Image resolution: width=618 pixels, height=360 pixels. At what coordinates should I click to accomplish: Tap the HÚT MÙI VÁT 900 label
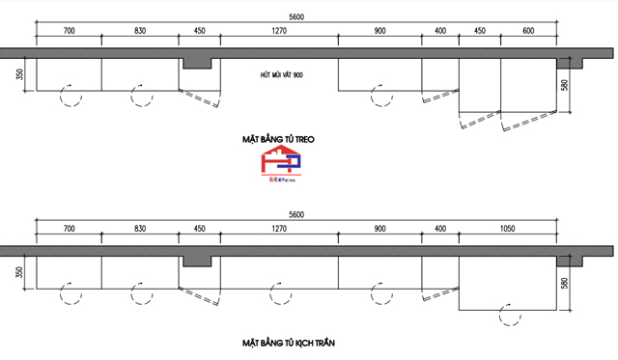(283, 74)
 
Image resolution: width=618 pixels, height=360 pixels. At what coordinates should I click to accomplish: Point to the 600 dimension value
(528, 30)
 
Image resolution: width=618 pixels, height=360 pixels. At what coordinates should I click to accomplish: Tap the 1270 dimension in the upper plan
(280, 30)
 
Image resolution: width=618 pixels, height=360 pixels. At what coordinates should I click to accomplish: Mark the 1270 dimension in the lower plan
(280, 229)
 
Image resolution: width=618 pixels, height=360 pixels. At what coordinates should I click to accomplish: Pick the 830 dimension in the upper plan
(140, 30)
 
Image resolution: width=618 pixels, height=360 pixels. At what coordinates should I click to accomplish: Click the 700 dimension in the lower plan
(69, 229)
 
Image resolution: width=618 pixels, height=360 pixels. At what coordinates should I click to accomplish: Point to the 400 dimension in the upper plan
(440, 30)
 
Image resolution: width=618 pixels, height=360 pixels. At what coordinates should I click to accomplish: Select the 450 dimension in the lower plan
(200, 229)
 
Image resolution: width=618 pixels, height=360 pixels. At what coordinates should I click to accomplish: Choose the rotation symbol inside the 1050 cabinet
(503, 313)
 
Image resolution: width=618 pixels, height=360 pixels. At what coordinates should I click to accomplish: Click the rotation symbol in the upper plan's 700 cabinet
(70, 95)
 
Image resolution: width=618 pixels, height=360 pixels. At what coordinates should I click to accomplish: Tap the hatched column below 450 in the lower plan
(197, 263)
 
